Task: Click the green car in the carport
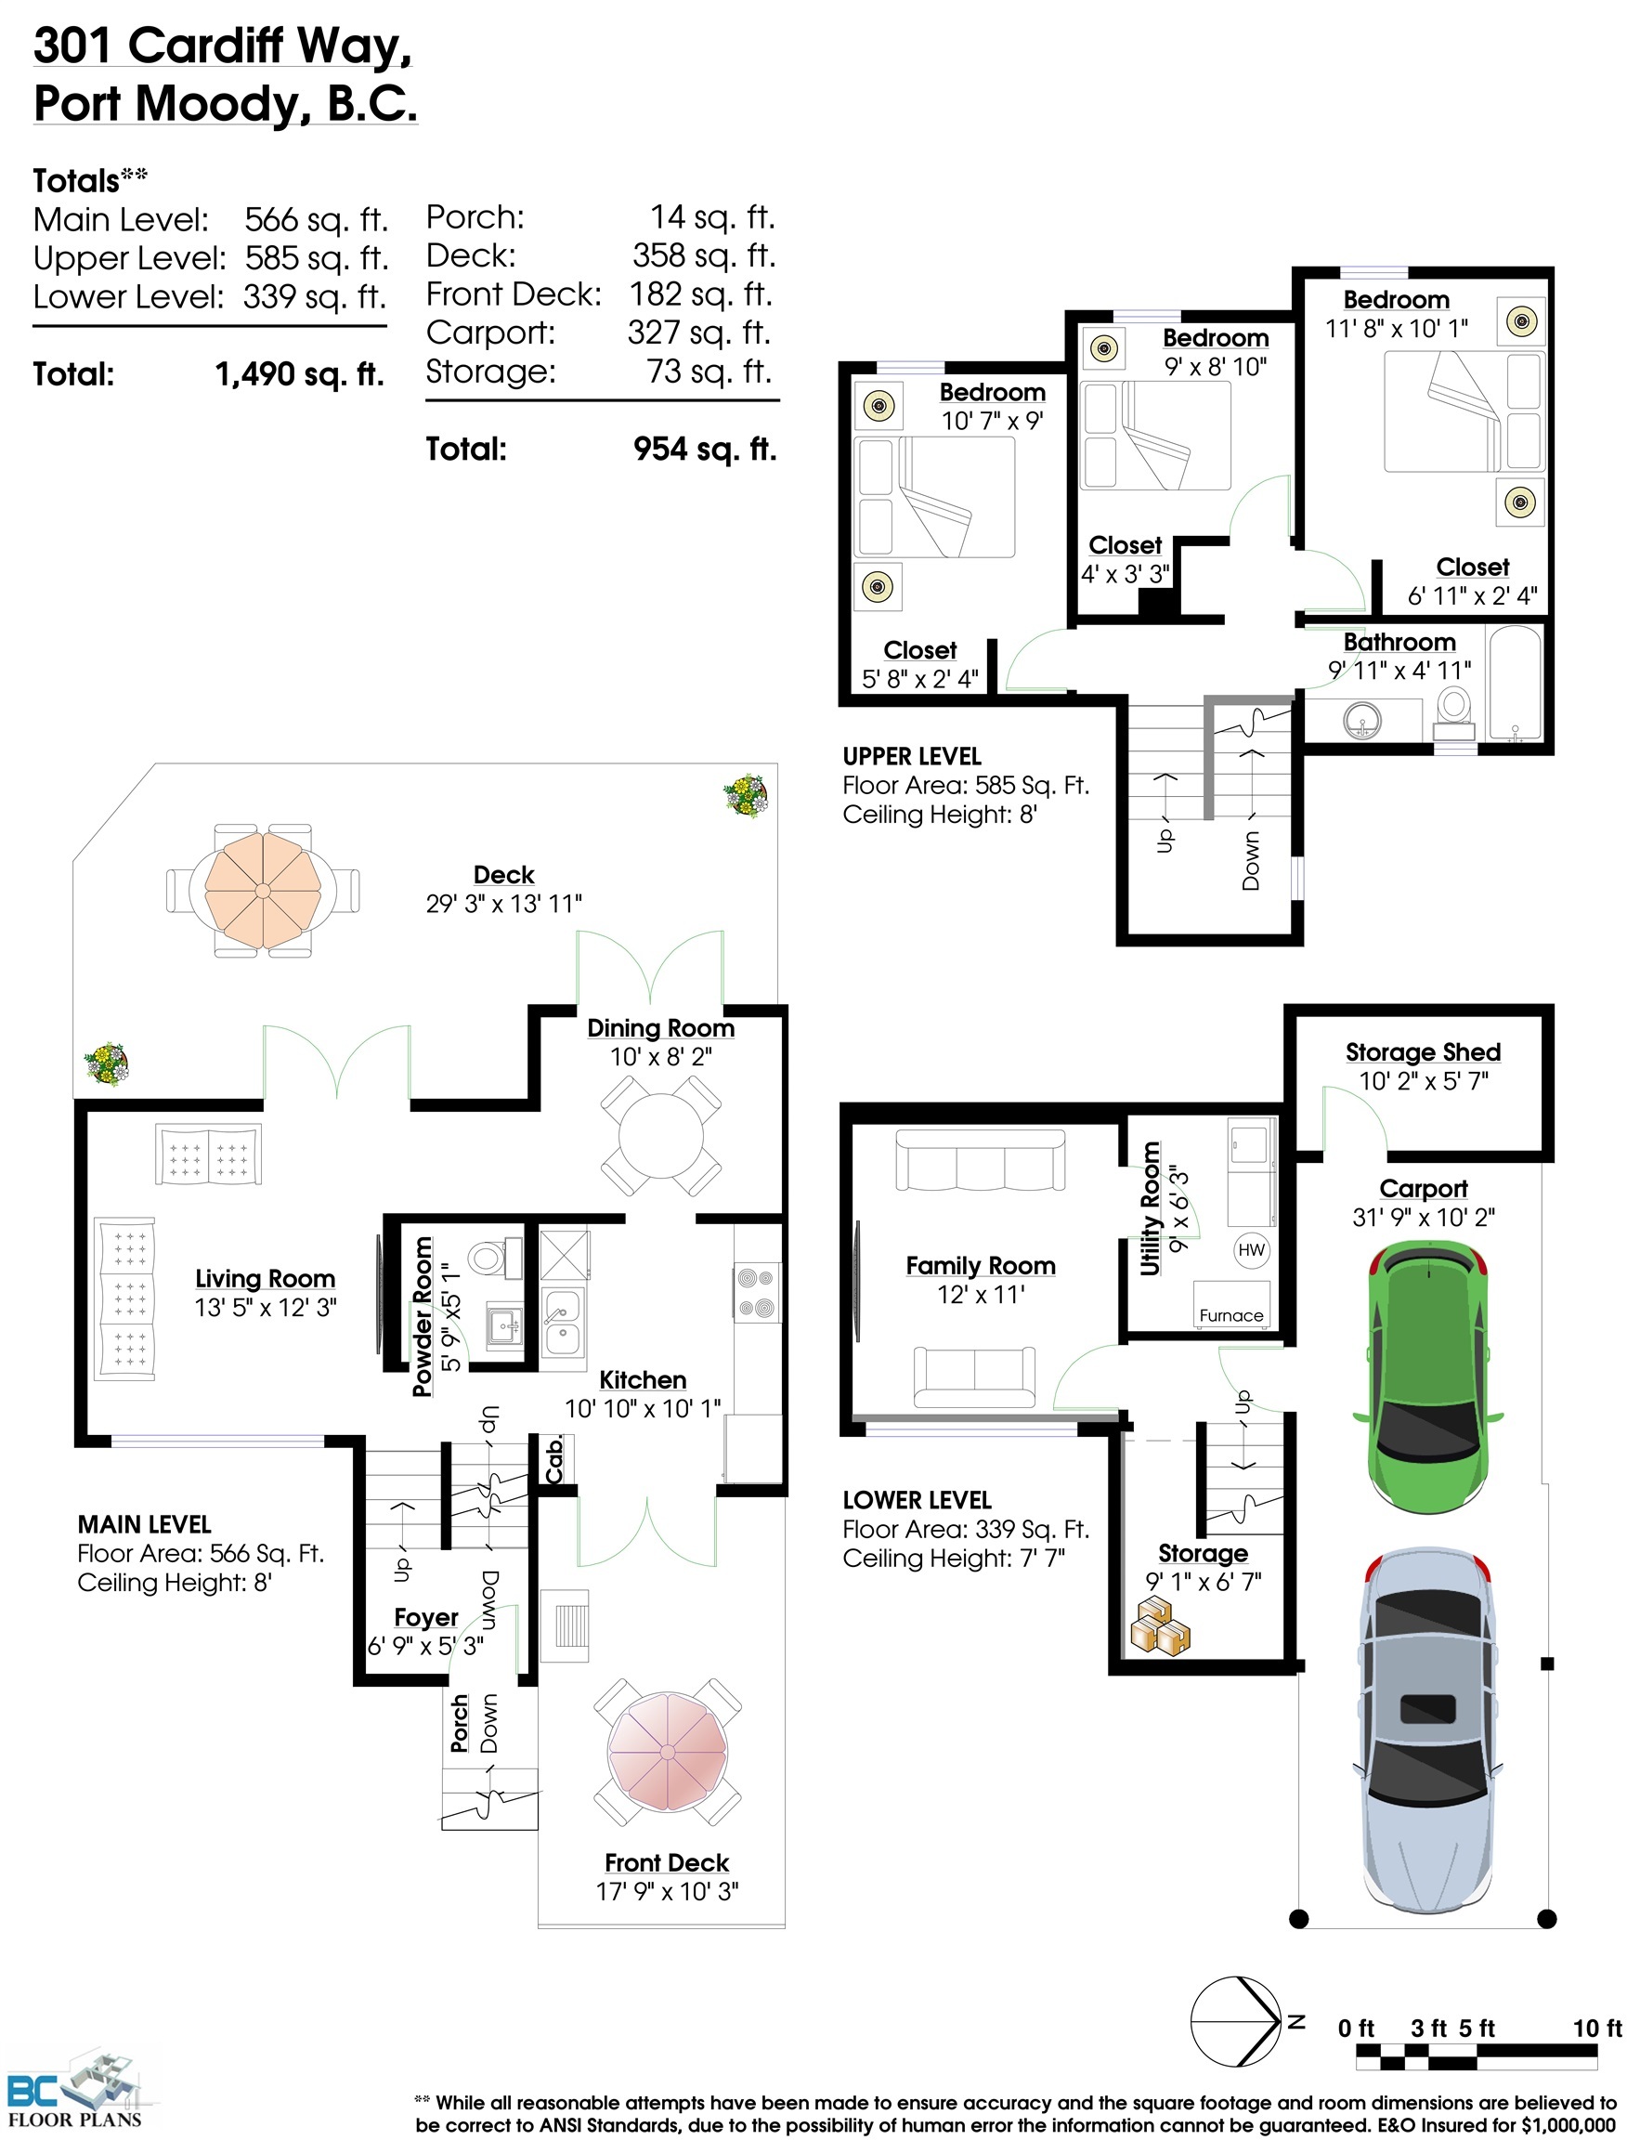[x=1426, y=1377]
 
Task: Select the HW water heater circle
[x=1251, y=1249]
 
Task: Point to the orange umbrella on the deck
[x=263, y=891]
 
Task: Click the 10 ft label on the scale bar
[x=1596, y=2028]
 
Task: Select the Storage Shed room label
[x=1423, y=1052]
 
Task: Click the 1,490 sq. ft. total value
[x=299, y=374]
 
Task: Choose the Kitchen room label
[x=642, y=1379]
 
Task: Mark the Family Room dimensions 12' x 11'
[x=980, y=1294]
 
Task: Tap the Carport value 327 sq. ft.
[x=698, y=333]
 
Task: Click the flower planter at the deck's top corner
[x=746, y=795]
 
